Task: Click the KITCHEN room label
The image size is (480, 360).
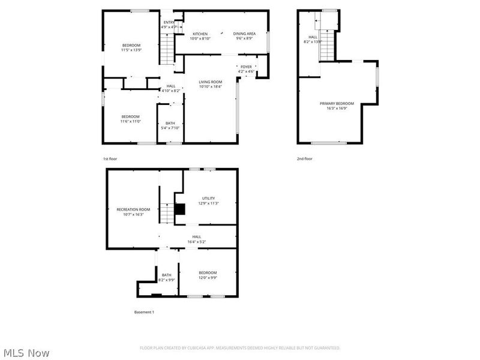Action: (200, 34)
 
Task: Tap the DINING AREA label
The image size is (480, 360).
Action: (244, 34)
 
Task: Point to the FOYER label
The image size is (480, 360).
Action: (246, 67)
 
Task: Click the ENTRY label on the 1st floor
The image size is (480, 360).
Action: (169, 22)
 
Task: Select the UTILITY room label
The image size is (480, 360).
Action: (208, 198)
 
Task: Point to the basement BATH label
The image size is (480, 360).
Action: (166, 275)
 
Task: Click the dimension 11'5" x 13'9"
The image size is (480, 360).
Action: (131, 50)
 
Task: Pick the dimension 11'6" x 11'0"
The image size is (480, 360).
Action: (130, 121)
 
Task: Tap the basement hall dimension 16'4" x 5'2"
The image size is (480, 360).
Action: (196, 242)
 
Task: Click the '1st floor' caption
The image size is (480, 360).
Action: (110, 158)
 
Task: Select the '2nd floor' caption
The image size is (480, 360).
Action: (304, 158)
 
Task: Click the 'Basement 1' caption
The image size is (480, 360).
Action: (143, 312)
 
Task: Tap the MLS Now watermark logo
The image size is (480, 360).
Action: (26, 353)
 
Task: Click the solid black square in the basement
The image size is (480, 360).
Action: (179, 209)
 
